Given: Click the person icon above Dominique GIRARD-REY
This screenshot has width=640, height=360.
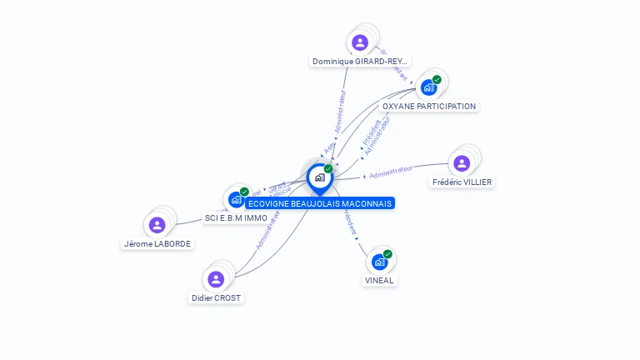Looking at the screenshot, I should click(360, 42).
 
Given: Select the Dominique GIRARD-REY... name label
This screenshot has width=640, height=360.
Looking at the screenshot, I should click(360, 61).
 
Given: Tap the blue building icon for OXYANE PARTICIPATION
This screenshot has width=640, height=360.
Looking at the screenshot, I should click(428, 87).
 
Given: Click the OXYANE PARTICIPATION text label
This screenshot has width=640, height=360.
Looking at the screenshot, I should click(428, 107).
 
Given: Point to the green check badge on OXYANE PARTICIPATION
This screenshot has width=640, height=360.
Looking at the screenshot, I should click(437, 80).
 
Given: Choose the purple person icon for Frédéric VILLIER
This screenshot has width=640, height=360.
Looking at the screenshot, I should click(462, 163).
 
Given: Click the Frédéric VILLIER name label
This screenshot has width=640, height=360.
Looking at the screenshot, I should click(462, 182).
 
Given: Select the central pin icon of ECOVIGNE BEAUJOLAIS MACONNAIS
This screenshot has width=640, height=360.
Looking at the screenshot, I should click(319, 177).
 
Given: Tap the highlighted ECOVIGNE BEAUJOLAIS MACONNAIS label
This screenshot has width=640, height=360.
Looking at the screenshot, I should click(319, 203).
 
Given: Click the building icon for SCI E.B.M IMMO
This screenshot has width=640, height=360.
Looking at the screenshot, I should click(236, 199).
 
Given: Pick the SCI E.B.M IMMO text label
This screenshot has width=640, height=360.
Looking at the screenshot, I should click(236, 218).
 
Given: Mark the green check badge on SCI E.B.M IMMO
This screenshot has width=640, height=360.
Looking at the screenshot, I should click(244, 192).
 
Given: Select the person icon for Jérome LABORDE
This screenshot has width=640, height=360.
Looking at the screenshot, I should click(157, 225).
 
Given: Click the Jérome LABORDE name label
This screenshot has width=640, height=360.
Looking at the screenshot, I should click(157, 244).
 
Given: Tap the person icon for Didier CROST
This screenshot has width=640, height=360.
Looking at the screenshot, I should click(216, 279).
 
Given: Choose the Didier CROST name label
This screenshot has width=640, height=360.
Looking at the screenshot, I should click(217, 297).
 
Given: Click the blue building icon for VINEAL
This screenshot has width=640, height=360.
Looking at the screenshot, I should click(379, 262).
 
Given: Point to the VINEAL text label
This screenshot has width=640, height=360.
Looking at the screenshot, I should click(379, 281).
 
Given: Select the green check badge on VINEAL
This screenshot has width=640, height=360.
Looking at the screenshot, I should click(387, 254).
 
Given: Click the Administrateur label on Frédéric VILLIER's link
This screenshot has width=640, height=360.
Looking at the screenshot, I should click(391, 172).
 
